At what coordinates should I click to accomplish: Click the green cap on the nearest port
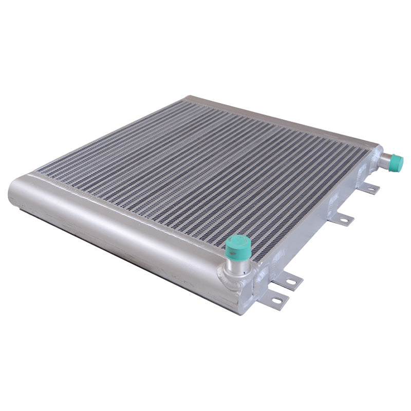point(238,245)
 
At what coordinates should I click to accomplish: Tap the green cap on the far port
point(396,163)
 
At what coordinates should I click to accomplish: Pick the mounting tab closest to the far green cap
point(369,189)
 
